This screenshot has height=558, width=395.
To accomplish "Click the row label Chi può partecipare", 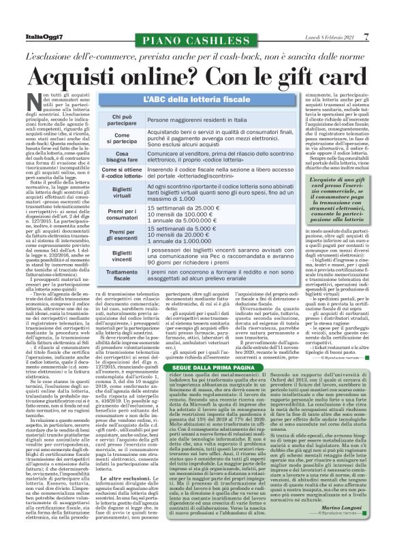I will coord(117,121).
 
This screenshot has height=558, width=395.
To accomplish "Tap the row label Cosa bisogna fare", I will coord(117,158).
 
